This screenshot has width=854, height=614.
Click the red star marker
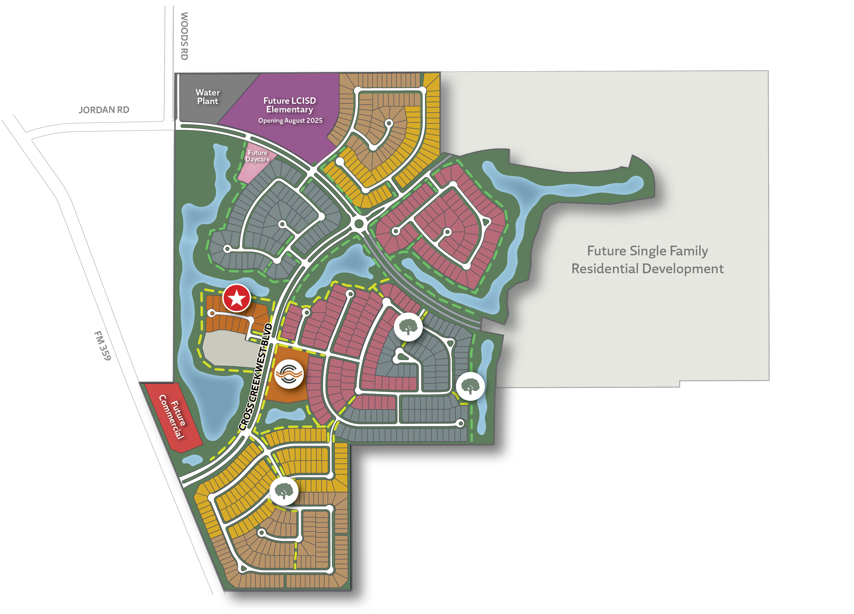[236, 298]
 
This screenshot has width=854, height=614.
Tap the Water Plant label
[208, 97]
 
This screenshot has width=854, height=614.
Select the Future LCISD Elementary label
[290, 105]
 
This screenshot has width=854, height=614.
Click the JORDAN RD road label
[104, 110]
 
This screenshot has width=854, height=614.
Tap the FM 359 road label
[103, 346]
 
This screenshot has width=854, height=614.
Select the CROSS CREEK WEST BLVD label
[256, 376]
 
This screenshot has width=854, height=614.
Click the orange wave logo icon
[289, 374]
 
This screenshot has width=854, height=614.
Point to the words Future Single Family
[647, 251]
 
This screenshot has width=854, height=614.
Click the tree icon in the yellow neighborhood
[284, 491]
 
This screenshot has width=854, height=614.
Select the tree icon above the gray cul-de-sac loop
[408, 327]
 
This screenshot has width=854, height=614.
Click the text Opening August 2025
[290, 120]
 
